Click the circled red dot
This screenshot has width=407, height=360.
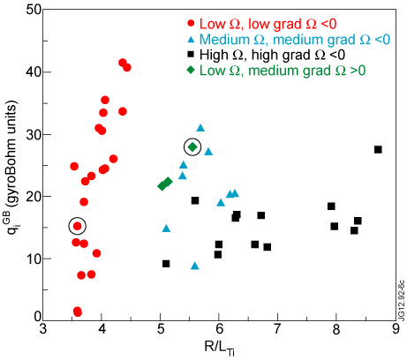tap(78, 226)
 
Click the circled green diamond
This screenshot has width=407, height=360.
tap(192, 146)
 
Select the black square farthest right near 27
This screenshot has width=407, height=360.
tap(378, 149)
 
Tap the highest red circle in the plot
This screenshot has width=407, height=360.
tap(123, 62)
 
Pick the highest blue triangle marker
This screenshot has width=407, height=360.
tap(200, 128)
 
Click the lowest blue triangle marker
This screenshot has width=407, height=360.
tap(195, 266)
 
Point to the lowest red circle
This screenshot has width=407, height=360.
tap(78, 312)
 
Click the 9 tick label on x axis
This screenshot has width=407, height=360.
tap(395, 330)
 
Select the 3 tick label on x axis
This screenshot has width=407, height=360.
tap(44, 330)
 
